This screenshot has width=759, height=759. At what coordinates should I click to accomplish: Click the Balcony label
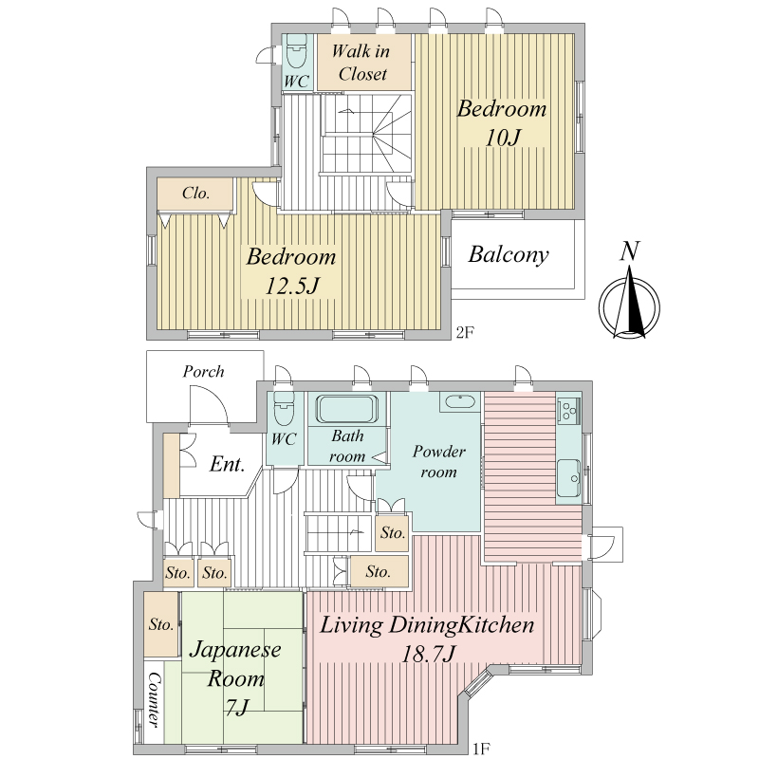coord(509,254)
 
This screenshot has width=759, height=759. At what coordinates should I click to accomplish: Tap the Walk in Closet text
coord(361,63)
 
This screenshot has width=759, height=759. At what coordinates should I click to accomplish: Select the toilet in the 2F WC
coord(296,53)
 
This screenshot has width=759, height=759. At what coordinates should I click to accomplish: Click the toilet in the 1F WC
coord(284,410)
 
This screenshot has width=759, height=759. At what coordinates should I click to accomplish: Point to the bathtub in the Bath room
coord(346,409)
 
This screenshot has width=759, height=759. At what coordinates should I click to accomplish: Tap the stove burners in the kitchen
coord(568,411)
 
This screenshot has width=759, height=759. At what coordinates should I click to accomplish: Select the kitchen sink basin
coord(568,478)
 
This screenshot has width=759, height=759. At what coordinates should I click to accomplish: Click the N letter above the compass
coord(630,251)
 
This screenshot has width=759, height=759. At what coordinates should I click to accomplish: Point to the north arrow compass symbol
coord(629,304)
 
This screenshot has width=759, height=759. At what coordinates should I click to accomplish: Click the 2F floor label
coord(465,333)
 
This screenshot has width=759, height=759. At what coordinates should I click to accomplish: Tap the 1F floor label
coord(481,749)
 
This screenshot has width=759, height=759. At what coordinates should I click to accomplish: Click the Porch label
coord(203,372)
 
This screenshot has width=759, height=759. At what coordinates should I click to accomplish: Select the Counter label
coord(154,699)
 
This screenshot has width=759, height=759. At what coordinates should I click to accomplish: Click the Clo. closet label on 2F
coord(196,194)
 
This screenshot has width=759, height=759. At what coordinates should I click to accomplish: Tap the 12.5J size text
coord(292,286)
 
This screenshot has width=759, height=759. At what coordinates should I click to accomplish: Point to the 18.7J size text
coord(429,655)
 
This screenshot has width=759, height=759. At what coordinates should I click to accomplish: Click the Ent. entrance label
coord(227,464)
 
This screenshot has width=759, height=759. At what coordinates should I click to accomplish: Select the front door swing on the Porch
coord(209,405)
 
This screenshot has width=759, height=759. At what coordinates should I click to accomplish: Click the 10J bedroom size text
coord(503,138)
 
